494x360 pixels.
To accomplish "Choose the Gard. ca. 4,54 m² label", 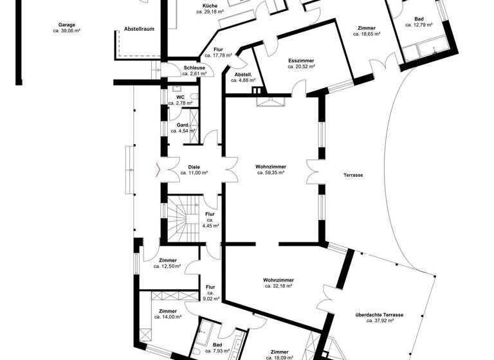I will pos(183,127).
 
